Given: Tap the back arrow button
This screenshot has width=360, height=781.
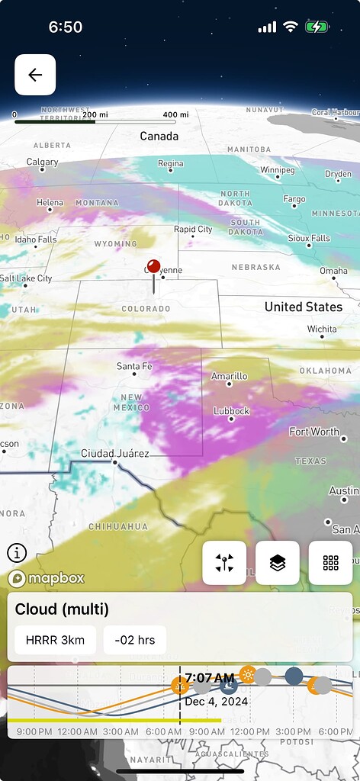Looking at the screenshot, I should click(x=35, y=75).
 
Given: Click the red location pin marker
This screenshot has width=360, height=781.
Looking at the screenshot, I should click(x=153, y=268).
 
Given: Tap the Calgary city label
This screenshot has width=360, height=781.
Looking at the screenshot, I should click(x=42, y=162).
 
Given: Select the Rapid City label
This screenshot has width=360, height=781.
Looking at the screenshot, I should click(x=193, y=229).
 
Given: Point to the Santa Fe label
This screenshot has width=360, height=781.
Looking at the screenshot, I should click(x=135, y=366).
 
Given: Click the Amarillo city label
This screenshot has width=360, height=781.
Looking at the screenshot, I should click(x=229, y=376).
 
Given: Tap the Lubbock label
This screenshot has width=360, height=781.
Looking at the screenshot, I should click(x=232, y=411).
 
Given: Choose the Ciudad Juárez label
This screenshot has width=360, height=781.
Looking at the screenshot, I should click(x=114, y=453).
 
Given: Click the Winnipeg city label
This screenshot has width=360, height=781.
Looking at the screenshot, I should click(x=277, y=169).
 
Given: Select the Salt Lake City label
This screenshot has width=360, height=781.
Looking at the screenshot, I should click(x=26, y=278).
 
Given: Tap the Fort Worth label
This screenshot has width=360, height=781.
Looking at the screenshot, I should click(x=314, y=432).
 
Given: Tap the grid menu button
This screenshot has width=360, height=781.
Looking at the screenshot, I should click(x=330, y=563).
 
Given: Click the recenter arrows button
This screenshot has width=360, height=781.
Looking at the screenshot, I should click(x=224, y=563).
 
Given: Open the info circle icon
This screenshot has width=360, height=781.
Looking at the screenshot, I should click(x=17, y=553).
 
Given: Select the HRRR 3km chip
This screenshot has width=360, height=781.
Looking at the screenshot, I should click(x=56, y=640).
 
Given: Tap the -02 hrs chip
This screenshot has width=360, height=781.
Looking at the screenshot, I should click(x=135, y=640).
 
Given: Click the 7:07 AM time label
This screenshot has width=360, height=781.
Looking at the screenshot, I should click(x=209, y=677).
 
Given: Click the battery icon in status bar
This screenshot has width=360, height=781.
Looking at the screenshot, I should click(x=317, y=27).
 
